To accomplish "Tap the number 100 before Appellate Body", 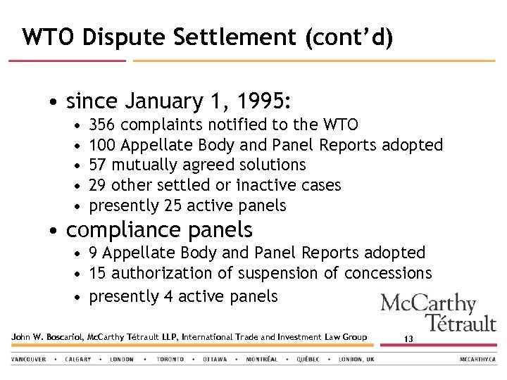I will tap(104, 145).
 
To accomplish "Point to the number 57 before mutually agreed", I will tap(99, 165).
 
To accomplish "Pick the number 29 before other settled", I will tap(99, 185).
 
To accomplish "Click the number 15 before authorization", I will tap(99, 273).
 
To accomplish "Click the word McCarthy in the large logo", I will tap(428, 305).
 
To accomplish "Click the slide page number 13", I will tap(408, 339).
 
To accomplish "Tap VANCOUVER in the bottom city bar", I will tap(29, 359).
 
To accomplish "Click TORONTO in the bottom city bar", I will tap(170, 359).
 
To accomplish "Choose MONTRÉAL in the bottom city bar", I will tap(261, 359).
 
